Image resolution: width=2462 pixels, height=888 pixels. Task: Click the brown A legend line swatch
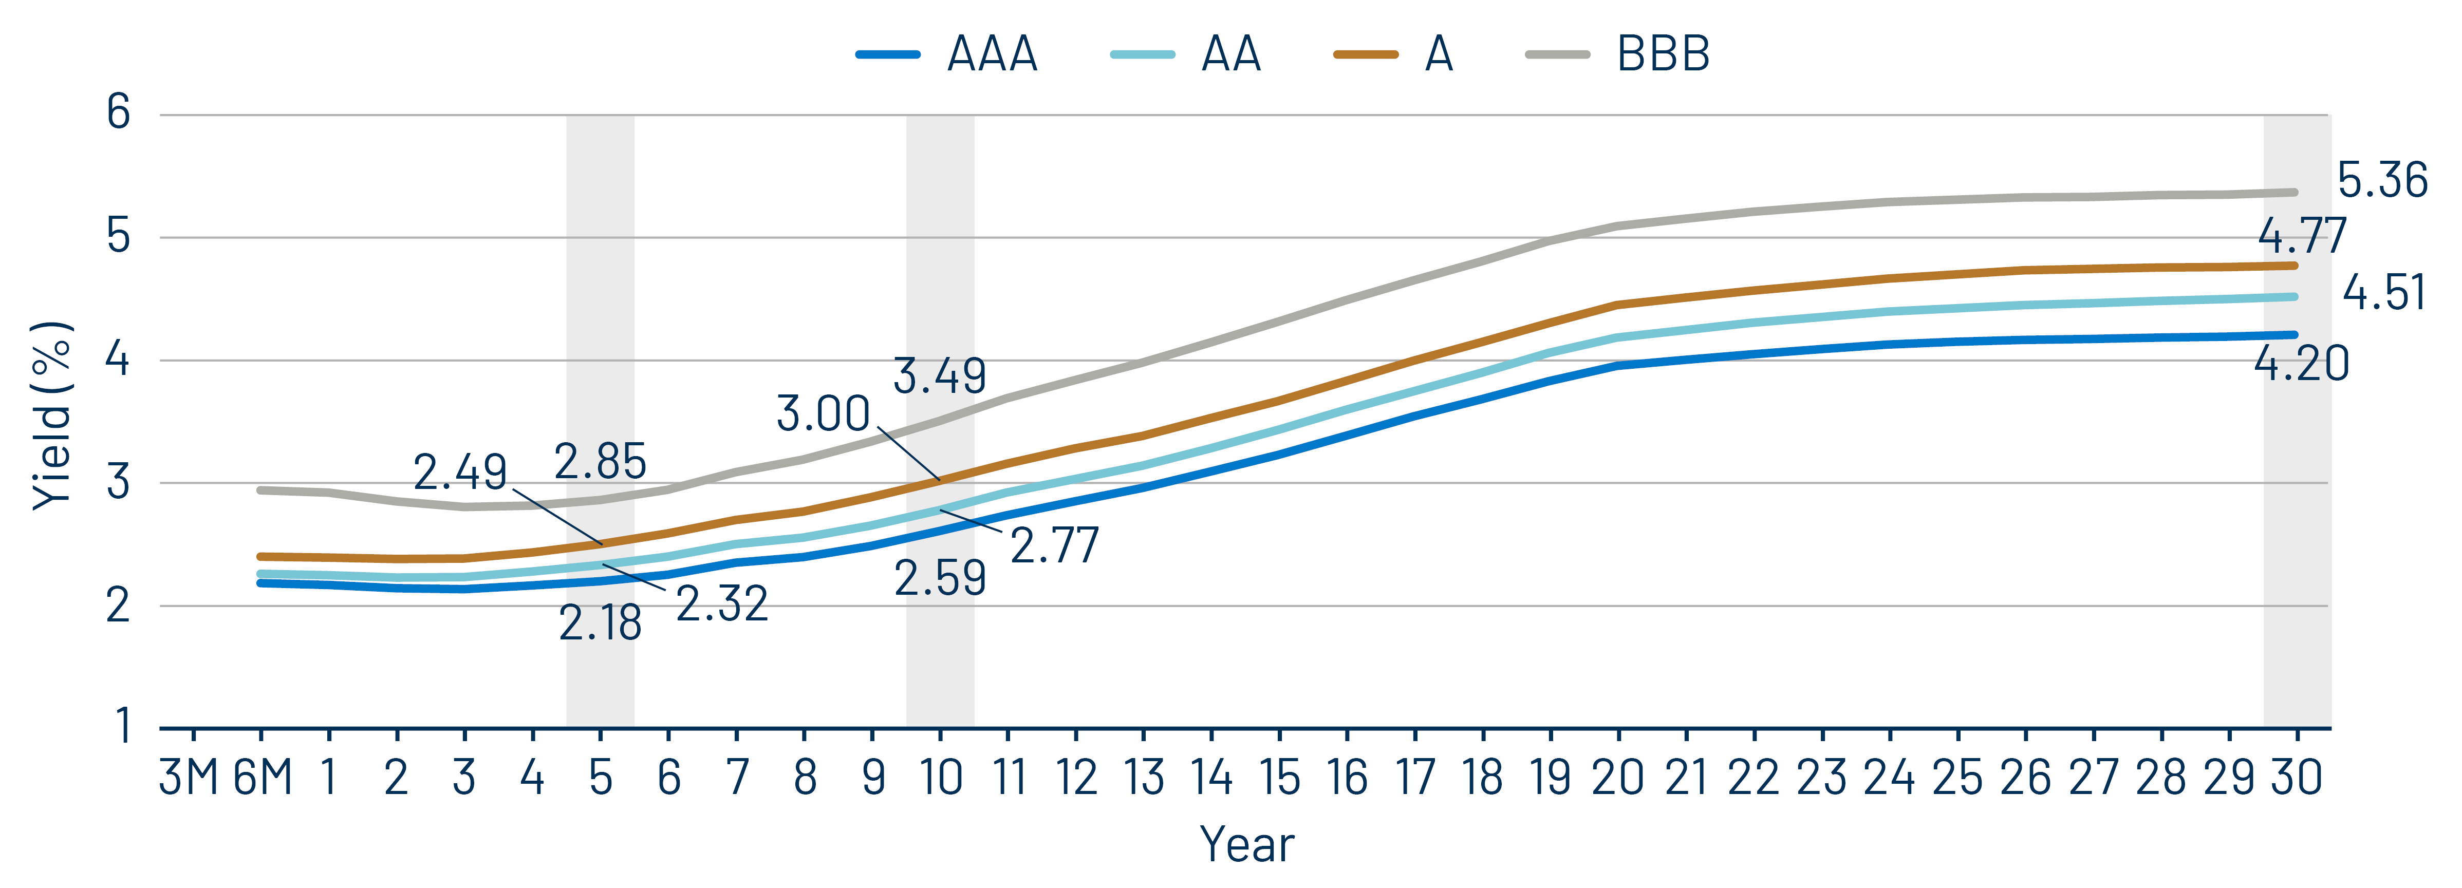tap(1365, 54)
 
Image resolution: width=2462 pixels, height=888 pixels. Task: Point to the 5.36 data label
tap(2382, 181)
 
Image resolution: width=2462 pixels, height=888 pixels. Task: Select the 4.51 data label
tap(2383, 293)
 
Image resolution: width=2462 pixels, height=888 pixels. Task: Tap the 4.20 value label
tap(2301, 363)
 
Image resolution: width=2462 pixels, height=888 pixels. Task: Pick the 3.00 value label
tap(823, 414)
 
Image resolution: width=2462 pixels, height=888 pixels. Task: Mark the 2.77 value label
tap(1054, 546)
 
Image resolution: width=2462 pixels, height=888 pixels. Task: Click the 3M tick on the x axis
tap(189, 777)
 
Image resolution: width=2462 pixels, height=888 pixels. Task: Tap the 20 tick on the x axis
tap(1617, 777)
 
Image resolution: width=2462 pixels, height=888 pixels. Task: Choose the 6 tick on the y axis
tap(119, 113)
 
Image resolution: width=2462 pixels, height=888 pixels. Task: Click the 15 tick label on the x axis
tap(1279, 777)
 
